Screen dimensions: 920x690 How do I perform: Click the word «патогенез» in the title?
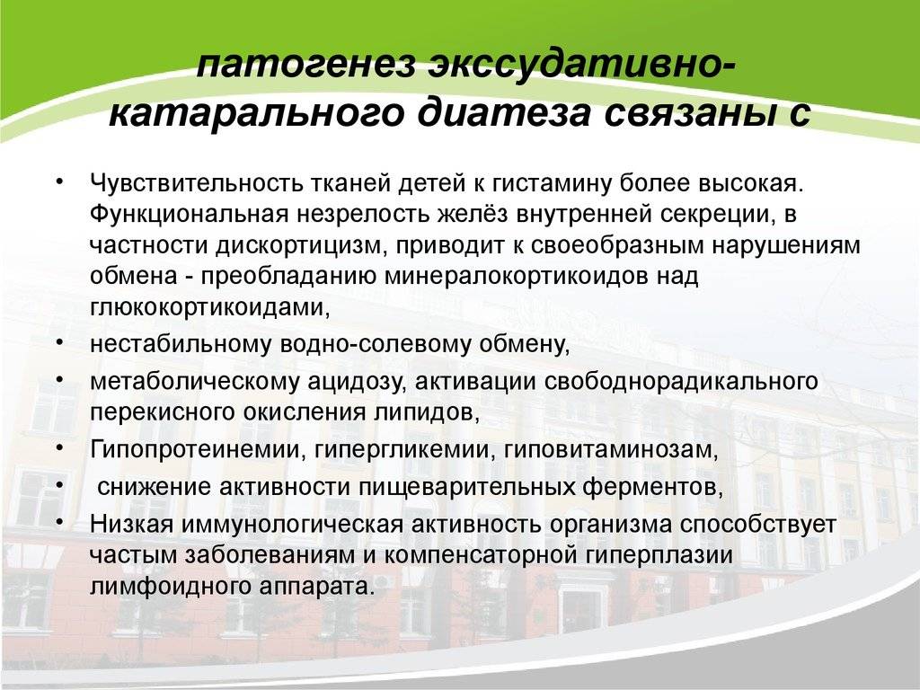click(x=306, y=64)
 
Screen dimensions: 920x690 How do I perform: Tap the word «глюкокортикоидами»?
click(x=209, y=307)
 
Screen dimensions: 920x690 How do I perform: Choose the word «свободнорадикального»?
click(x=681, y=381)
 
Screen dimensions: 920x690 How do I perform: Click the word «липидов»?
click(x=427, y=412)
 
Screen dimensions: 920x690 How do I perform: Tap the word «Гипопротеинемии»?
click(x=199, y=449)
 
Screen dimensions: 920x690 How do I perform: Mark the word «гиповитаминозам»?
click(x=611, y=450)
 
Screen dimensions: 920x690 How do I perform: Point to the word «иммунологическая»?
click(x=293, y=524)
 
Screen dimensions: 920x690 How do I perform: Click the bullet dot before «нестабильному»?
click(x=60, y=342)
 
